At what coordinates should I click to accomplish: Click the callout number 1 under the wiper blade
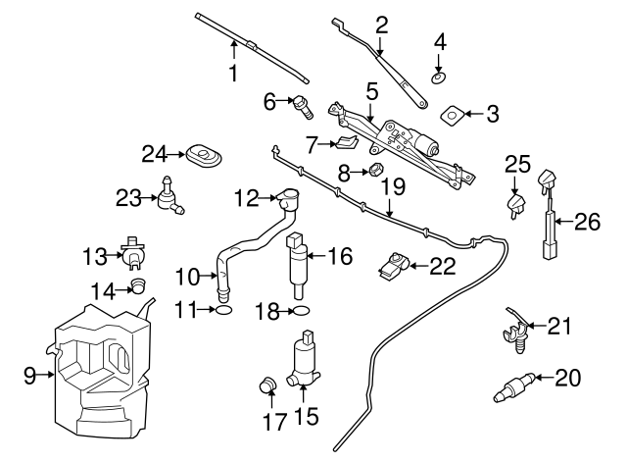point(234,74)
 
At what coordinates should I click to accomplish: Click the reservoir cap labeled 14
point(139,286)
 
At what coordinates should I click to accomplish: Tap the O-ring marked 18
point(301,311)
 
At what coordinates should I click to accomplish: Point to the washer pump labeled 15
point(306,363)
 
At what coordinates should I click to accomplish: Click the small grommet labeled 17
point(266,385)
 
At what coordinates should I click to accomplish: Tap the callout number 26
point(586,223)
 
